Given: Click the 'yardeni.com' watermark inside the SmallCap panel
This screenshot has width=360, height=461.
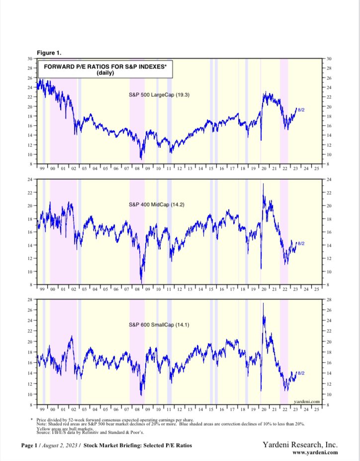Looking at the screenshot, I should [306, 401].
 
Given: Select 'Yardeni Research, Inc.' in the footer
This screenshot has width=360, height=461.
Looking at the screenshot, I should [300, 445].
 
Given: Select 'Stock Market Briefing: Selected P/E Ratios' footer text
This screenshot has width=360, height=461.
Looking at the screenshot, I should [138, 446].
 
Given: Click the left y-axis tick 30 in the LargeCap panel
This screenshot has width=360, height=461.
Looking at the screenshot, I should [29, 59].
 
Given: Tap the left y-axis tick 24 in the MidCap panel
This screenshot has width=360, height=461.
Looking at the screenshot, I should [29, 179].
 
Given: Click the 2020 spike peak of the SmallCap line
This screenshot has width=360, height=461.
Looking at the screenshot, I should [263, 304].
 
